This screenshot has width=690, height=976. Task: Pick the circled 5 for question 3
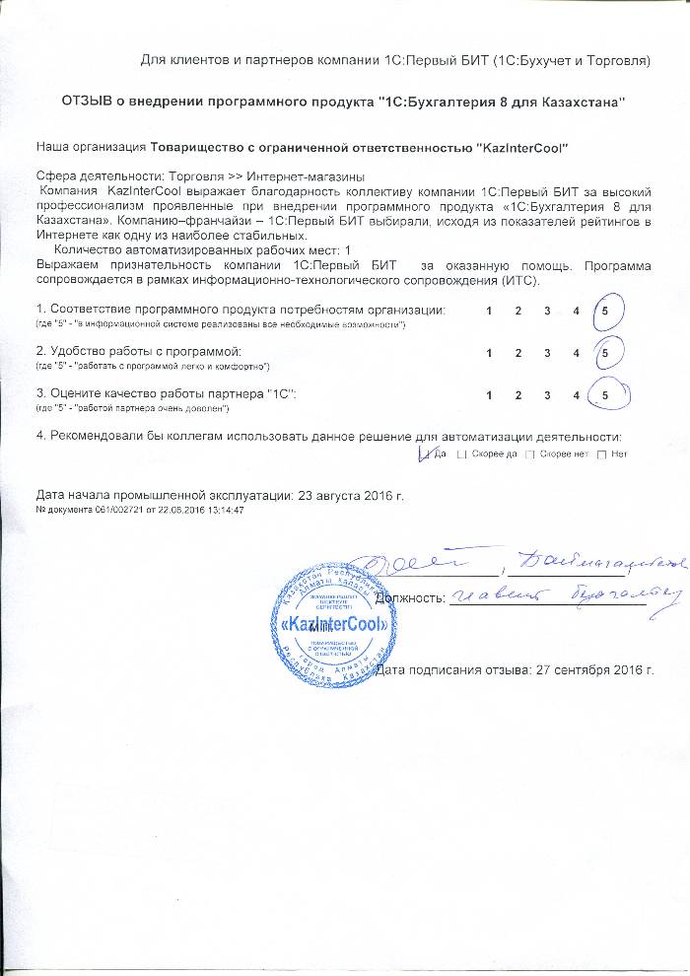pyautogui.click(x=604, y=394)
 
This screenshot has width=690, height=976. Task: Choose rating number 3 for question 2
pyautogui.click(x=547, y=352)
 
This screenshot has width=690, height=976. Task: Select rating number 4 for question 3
pyautogui.click(x=576, y=394)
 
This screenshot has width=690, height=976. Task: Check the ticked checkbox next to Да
pyautogui.click(x=426, y=453)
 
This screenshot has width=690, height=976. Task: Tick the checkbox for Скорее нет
pyautogui.click(x=530, y=454)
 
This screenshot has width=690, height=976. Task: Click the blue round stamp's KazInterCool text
pyautogui.click(x=326, y=625)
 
